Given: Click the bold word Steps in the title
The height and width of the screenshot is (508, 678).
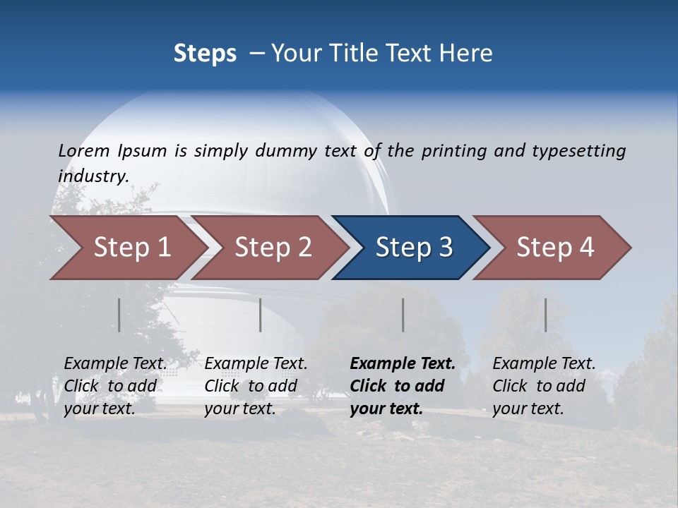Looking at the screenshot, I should click(205, 53).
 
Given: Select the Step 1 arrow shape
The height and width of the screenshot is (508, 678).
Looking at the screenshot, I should click(127, 247).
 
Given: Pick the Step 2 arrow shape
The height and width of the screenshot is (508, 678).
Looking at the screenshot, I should click(273, 247).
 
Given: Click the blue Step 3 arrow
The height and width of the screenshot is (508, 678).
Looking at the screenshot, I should click(413, 247).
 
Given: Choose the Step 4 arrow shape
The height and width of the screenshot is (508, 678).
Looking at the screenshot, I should click(555, 247).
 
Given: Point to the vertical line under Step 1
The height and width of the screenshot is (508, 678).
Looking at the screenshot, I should click(119, 315).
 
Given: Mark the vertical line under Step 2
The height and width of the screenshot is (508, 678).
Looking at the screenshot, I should click(261, 315).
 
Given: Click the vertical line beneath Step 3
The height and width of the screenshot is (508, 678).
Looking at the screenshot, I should click(403, 315).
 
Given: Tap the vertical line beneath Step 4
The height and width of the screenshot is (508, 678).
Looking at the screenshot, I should click(546, 315).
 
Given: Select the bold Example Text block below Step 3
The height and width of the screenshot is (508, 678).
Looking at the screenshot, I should click(403, 386).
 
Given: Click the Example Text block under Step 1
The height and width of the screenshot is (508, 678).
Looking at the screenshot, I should click(115, 386).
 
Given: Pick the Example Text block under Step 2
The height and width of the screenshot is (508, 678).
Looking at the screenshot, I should click(256, 386).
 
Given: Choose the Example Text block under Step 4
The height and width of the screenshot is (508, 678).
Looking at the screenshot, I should click(544, 386).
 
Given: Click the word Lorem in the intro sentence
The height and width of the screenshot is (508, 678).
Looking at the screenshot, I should click(84, 151).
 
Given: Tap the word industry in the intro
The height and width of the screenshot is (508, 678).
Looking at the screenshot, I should click(92, 176).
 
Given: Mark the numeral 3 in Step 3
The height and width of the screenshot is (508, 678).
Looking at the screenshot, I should click(445, 247).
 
